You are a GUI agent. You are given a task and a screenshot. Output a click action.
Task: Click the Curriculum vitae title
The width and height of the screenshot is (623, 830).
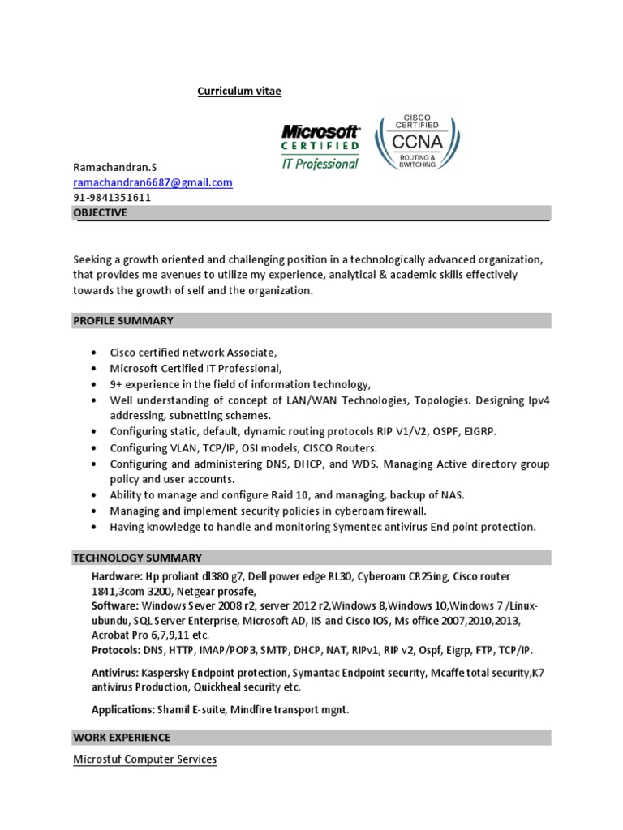tap(239, 91)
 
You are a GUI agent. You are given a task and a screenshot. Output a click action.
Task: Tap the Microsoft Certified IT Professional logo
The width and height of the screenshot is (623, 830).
tap(320, 147)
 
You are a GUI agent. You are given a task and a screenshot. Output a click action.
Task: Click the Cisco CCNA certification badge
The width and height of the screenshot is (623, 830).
tap(416, 142)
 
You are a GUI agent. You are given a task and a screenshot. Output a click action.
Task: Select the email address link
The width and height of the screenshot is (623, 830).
tap(153, 182)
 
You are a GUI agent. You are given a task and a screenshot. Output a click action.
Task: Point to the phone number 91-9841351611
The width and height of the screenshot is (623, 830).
tap(112, 197)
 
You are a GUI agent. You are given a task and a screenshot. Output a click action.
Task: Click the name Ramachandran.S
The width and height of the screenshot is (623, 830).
tap(114, 167)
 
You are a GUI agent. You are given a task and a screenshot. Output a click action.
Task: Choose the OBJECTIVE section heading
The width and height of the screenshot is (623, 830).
tap(101, 212)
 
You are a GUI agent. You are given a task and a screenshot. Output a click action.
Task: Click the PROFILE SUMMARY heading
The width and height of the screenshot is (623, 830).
tap(123, 321)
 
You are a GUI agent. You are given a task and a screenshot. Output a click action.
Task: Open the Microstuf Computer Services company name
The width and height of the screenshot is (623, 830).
tap(145, 759)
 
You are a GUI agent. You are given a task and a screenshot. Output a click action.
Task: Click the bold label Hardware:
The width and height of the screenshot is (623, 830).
tap(117, 575)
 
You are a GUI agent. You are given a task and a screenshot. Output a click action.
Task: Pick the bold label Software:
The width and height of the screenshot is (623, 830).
tap(114, 605)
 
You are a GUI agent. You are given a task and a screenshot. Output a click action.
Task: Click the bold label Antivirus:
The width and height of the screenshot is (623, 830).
tap(115, 673)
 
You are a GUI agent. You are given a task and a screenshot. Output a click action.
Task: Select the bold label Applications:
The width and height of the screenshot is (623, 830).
tap(122, 710)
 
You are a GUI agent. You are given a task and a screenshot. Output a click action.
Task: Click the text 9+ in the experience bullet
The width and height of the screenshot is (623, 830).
tap(117, 384)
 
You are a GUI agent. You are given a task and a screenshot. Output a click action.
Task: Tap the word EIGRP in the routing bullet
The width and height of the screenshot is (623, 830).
tap(479, 431)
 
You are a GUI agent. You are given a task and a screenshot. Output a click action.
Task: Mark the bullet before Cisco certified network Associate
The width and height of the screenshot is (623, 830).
tap(95, 353)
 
